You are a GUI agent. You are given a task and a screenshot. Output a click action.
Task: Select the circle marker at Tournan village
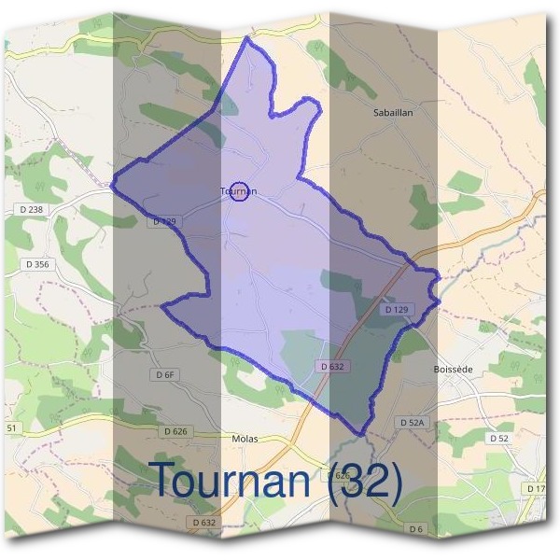tap(239, 191)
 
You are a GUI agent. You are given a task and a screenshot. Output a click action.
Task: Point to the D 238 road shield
tap(31, 210)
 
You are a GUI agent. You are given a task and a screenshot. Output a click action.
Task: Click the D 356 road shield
tap(36, 264)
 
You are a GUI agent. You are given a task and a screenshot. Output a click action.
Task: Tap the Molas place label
tap(244, 438)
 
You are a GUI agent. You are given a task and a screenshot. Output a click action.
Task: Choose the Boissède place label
tap(454, 370)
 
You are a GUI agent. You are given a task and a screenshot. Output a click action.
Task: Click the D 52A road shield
tap(412, 423)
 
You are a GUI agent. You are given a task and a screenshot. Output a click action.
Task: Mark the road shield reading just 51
tap(11, 427)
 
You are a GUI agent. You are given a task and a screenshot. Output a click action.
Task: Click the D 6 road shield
tap(416, 529)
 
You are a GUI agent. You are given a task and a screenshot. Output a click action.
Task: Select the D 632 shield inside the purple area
tap(332, 367)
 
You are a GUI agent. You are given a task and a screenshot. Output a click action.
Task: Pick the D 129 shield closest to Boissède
tap(397, 308)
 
